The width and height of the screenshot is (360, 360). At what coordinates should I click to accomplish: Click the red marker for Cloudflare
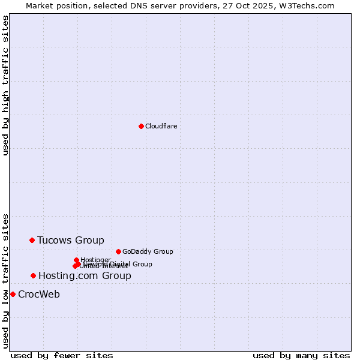coord(141,126)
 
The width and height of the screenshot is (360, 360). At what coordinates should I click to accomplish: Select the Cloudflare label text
coord(161,126)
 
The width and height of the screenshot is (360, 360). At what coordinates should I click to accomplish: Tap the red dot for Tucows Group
coord(32,240)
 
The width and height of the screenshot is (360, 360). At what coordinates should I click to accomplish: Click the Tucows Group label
coord(70,240)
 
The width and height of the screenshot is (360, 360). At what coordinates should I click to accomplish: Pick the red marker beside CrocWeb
coord(13,294)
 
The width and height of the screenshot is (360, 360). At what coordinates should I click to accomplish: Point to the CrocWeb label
coord(38,294)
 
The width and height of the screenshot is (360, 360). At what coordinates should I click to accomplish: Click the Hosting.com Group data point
coord(33,275)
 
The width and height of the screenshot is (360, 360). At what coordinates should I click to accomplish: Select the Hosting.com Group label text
coord(84,275)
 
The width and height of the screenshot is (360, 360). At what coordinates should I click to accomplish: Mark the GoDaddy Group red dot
coord(118,251)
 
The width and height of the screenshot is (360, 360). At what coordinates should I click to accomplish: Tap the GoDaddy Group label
coord(147,251)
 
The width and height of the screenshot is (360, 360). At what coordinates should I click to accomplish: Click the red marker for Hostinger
coord(76,260)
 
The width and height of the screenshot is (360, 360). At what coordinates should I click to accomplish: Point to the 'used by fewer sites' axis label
coord(62,355)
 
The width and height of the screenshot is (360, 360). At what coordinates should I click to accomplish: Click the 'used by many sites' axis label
coord(301,355)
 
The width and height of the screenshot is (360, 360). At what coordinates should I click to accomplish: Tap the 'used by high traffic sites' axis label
coord(5,85)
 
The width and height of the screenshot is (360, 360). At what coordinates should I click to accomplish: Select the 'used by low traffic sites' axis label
coord(5,281)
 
